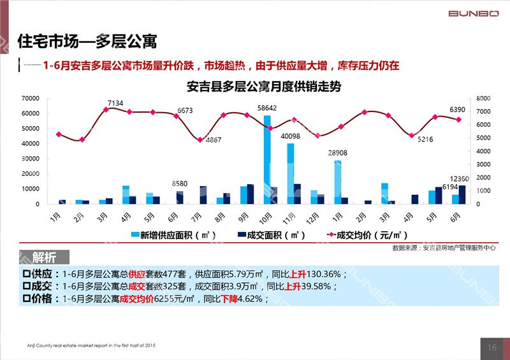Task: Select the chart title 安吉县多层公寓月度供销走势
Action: point(263,87)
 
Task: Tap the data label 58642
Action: point(267,109)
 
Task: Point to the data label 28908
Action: point(337,154)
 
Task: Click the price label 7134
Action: point(115,103)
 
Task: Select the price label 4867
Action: point(214,140)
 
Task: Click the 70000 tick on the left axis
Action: point(30,99)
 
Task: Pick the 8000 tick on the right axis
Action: point(483,99)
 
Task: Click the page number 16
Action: point(492,347)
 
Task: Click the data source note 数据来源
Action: point(444,247)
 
